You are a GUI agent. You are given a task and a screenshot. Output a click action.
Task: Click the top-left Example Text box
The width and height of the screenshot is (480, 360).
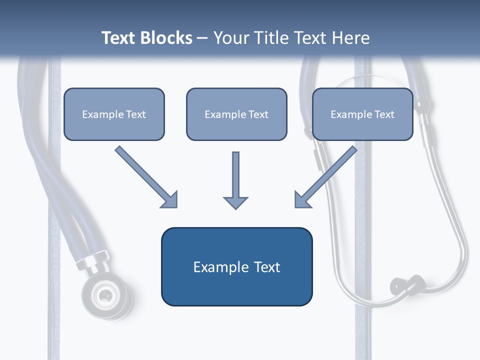[114, 114]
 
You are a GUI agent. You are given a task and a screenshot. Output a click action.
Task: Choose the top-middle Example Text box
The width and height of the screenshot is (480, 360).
[236, 114]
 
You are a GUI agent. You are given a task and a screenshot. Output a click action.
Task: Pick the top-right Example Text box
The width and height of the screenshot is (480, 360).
[362, 114]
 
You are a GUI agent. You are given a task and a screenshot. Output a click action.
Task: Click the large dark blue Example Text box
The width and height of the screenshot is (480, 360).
[236, 267]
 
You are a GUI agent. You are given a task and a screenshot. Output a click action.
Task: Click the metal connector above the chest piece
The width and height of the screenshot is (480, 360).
[92, 260]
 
